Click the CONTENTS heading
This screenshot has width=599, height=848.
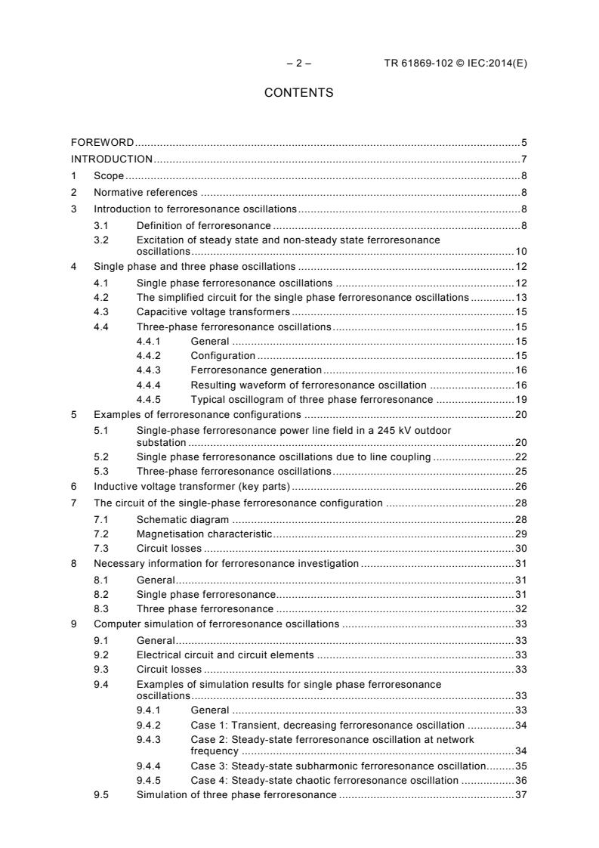(298, 93)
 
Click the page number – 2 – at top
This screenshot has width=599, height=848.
(298, 63)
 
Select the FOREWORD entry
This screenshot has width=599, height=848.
(103, 142)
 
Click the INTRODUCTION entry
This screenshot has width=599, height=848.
(112, 159)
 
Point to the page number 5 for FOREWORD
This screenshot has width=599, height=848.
(523, 142)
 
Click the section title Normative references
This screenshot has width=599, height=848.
(145, 192)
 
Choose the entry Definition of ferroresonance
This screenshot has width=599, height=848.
(203, 225)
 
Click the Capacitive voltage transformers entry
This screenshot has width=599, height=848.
(213, 311)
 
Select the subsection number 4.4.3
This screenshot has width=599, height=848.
(148, 370)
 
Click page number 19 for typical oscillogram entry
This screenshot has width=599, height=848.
(520, 399)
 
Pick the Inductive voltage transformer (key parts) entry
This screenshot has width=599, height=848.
(192, 485)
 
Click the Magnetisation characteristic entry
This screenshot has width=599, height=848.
(203, 534)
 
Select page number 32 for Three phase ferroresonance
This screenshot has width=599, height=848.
(520, 608)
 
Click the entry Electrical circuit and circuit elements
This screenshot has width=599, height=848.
(225, 655)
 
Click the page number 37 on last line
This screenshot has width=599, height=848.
(520, 795)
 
